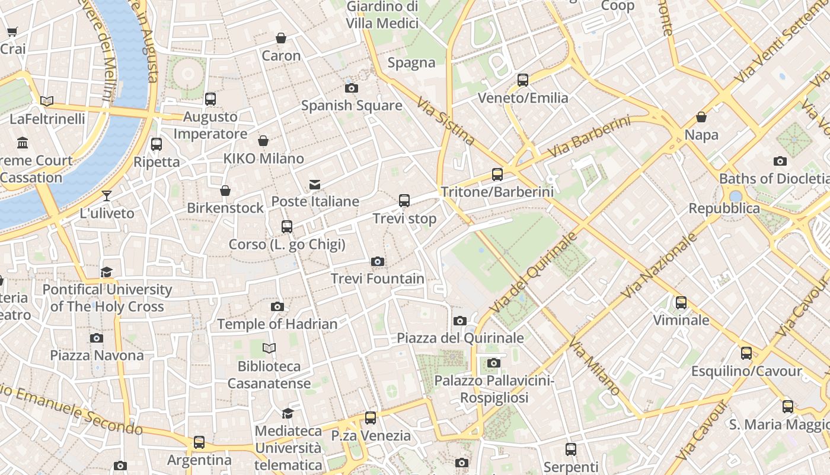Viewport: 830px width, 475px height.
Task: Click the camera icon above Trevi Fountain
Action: [x=377, y=261]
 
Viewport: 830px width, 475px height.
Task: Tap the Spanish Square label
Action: [x=352, y=106]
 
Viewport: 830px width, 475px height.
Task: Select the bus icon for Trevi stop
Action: [x=404, y=201]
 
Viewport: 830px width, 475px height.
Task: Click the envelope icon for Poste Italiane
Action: [x=315, y=185]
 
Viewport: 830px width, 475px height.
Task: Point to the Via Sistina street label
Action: [x=446, y=122]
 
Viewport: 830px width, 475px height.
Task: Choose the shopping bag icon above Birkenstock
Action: [x=225, y=191]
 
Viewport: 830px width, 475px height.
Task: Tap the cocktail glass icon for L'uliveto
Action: [x=107, y=195]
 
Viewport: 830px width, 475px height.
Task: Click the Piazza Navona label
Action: [x=97, y=355]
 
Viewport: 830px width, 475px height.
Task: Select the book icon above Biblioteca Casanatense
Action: [x=269, y=348]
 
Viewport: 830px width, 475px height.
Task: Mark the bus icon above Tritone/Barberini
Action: [x=497, y=174]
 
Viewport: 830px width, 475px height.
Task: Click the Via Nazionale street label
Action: [x=659, y=265]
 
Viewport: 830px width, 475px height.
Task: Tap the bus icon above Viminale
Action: [x=681, y=303]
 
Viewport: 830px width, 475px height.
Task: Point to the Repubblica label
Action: [x=724, y=208]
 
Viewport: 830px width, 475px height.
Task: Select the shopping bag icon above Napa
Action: [x=701, y=117]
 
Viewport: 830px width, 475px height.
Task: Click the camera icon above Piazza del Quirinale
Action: [x=459, y=321]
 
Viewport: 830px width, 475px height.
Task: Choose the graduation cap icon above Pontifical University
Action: [x=107, y=272]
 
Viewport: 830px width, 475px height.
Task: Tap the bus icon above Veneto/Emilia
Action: [x=522, y=80]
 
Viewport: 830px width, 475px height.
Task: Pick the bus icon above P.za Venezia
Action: [x=371, y=417]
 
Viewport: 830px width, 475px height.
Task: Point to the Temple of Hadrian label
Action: [x=277, y=324]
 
